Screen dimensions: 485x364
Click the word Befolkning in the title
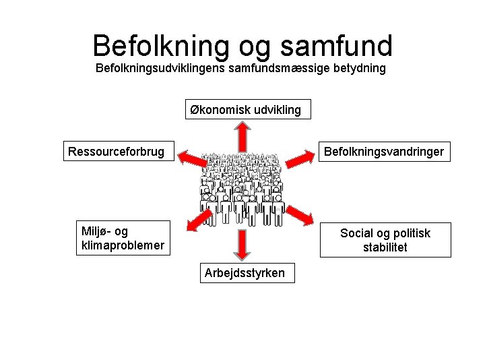[161, 46]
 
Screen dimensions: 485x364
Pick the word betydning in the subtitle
[360, 69]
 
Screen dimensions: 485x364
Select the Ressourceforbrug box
[116, 152]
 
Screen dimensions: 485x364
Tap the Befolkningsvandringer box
[384, 152]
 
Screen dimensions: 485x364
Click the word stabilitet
[385, 247]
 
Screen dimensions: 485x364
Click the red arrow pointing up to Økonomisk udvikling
[241, 135]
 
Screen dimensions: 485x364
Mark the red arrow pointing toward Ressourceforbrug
[191, 159]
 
